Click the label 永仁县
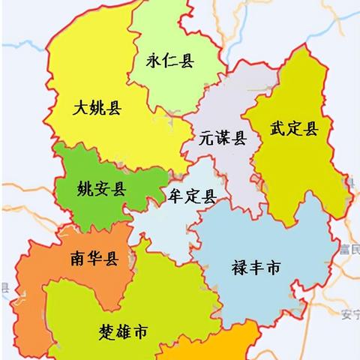click(x=169, y=61)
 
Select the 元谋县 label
click(x=223, y=138)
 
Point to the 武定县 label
click(x=294, y=129)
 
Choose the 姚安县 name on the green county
click(x=102, y=188)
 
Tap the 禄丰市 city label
click(x=256, y=267)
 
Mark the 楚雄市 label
click(x=123, y=331)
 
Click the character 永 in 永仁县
click(x=154, y=61)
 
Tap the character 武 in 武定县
click(x=277, y=129)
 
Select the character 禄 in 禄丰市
click(x=239, y=267)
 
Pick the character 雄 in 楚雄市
click(x=123, y=331)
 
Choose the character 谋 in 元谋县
click(x=223, y=138)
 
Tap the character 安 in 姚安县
click(x=102, y=188)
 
